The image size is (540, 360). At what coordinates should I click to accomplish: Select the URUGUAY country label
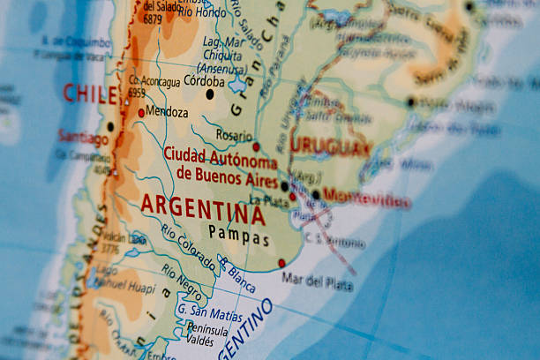point(330,146)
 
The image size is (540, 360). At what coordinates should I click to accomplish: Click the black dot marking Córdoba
point(210,94)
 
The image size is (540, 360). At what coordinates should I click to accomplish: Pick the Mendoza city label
point(168,113)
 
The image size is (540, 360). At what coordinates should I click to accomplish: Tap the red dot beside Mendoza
point(141,113)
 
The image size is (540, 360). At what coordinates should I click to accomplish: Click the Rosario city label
point(234,136)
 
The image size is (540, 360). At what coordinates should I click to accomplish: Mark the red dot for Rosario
point(257,146)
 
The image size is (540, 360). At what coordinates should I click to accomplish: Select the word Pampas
point(239,236)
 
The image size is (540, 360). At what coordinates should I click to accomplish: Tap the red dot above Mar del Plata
point(281,263)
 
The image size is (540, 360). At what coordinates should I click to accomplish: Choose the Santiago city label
point(83,137)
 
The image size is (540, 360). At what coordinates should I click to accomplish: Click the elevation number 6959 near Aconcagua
point(136,92)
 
